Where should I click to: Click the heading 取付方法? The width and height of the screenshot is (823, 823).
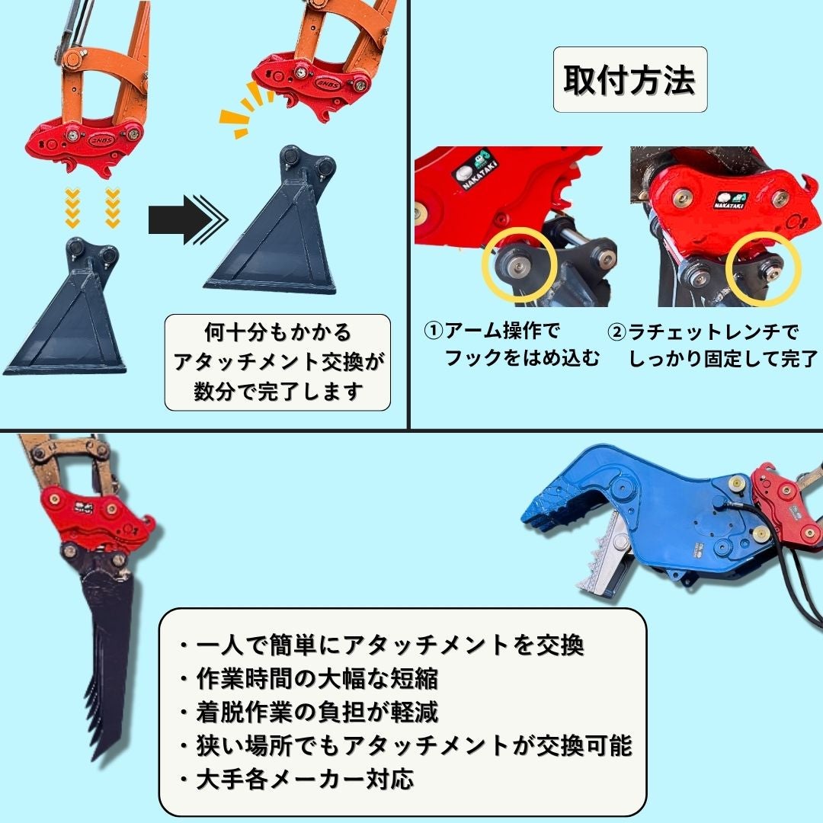click(629, 80)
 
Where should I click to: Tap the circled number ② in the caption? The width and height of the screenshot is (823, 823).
click(616, 331)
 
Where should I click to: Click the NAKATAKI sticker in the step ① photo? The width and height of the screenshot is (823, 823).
click(475, 169)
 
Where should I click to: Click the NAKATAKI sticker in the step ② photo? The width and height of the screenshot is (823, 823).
click(729, 200)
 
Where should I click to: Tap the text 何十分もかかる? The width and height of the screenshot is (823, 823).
click(277, 332)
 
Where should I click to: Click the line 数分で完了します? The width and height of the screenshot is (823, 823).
click(278, 391)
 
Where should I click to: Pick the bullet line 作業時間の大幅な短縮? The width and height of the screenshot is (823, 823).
click(308, 679)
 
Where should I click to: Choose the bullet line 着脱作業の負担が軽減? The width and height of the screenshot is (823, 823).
click(308, 713)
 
